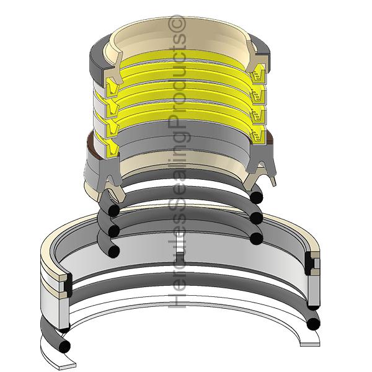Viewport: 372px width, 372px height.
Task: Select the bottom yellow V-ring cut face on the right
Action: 259,137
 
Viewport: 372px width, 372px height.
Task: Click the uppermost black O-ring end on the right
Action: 257,197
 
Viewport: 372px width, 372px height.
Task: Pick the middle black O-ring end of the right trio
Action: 257,218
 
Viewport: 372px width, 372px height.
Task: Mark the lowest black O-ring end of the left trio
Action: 113,251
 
